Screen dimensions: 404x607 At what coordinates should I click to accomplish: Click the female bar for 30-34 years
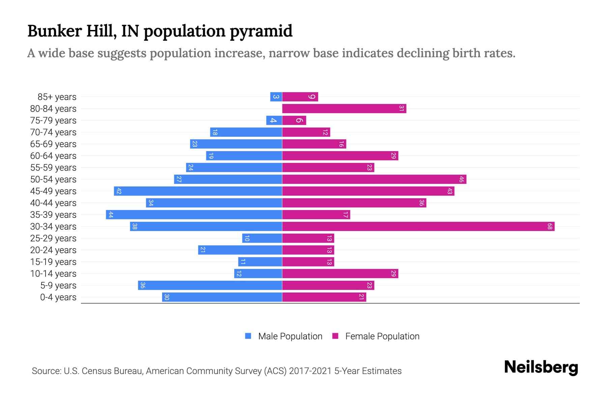418,226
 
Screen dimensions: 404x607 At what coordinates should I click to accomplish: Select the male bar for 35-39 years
194,214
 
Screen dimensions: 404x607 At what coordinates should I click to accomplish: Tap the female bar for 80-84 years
344,108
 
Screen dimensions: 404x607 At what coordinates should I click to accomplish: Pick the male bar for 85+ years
276,97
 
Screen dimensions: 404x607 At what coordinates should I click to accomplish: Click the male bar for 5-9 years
210,285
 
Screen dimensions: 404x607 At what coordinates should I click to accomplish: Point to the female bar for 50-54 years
374,179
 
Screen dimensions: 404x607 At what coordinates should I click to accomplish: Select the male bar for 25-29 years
262,238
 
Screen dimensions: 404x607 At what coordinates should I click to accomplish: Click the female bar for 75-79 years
294,120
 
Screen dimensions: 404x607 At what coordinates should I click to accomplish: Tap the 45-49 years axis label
53,191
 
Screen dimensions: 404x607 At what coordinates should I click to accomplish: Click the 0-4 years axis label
58,297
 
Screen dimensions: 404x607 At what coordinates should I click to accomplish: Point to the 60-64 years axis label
53,156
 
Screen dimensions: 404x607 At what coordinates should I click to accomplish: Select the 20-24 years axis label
53,250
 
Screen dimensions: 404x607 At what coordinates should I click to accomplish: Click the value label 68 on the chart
550,227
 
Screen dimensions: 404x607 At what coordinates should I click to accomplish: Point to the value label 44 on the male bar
111,215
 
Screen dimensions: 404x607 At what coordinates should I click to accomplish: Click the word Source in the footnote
46,371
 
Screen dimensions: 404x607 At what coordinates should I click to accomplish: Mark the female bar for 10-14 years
340,273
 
